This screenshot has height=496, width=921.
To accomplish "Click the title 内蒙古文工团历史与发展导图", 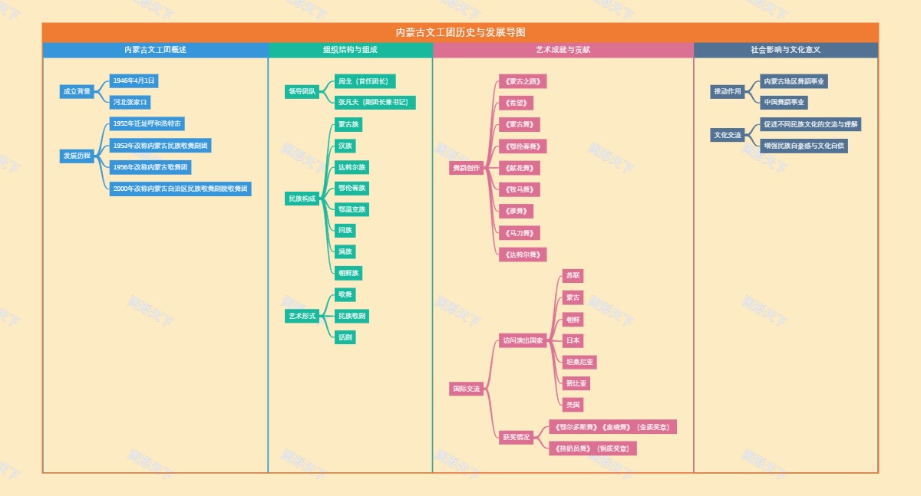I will point(460,32).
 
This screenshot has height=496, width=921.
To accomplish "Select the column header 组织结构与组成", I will point(350,50).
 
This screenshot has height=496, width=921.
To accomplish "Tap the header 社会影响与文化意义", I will point(785,50).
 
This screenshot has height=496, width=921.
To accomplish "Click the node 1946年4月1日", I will point(134,80).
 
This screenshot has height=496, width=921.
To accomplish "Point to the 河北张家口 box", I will point(130,102).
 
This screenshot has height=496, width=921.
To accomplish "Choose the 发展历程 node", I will point(77,156).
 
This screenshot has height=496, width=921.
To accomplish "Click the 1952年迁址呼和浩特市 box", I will point(147,123).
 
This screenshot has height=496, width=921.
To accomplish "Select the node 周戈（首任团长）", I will point(365,81).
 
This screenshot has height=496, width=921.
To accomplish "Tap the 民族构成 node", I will point(302,199).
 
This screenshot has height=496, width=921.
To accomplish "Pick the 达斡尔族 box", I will point(352,167).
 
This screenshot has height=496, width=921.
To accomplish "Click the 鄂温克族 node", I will point(352,209).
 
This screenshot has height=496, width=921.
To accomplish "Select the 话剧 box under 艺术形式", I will point(345,337).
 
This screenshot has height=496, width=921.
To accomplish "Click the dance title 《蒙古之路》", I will point(523,81).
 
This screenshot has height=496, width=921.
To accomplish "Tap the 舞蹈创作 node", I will point(467,168).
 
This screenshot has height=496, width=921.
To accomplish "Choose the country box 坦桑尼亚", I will point(579,362).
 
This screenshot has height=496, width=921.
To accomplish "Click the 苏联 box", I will point(573,276).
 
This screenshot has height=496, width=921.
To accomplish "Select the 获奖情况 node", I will point(517,437).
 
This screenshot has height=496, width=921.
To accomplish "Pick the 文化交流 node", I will point(728,135).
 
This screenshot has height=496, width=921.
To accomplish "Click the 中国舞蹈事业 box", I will point(784,103).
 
